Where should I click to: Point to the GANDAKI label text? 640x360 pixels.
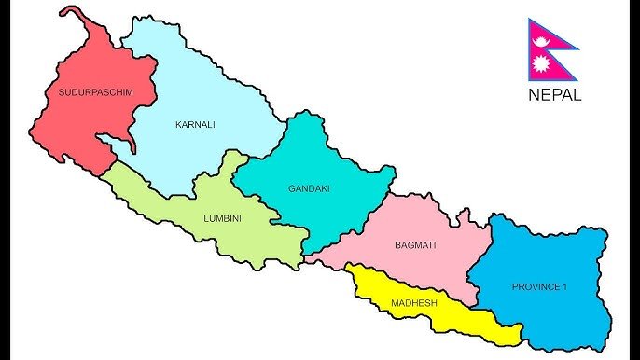309,188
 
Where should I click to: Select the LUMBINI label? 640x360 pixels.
222,219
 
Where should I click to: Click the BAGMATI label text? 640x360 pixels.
415,245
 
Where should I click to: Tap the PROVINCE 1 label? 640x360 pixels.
539,286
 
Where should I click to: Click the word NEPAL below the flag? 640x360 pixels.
554,94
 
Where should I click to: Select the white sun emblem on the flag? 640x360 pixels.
540,64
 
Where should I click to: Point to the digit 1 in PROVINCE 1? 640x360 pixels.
563,286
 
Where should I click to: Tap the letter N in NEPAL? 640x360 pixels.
533,94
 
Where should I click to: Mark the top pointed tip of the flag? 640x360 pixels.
529,20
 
